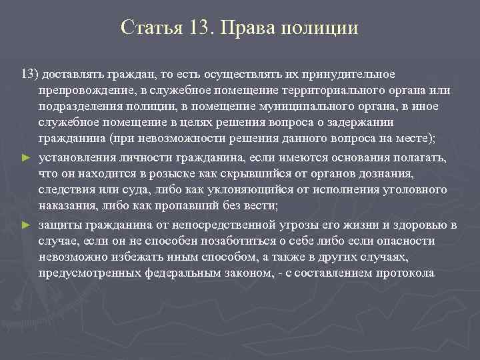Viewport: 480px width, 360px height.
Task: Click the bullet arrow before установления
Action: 26,157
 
